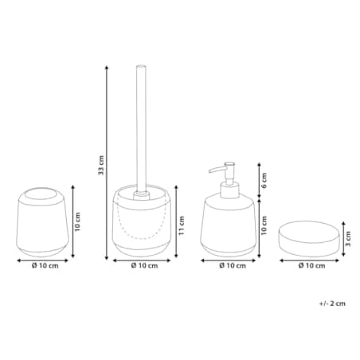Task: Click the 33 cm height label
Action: click(x=101, y=165)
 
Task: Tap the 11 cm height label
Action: click(x=182, y=225)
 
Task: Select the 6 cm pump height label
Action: click(x=264, y=180)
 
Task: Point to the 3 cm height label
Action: click(x=348, y=239)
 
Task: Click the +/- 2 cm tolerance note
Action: click(x=332, y=303)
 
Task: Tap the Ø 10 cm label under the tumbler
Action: click(x=45, y=265)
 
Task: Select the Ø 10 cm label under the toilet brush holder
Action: click(x=144, y=265)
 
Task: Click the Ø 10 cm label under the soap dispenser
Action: click(x=233, y=265)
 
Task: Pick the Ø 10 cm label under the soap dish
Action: click(x=311, y=265)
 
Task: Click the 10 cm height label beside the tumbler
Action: click(x=77, y=222)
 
